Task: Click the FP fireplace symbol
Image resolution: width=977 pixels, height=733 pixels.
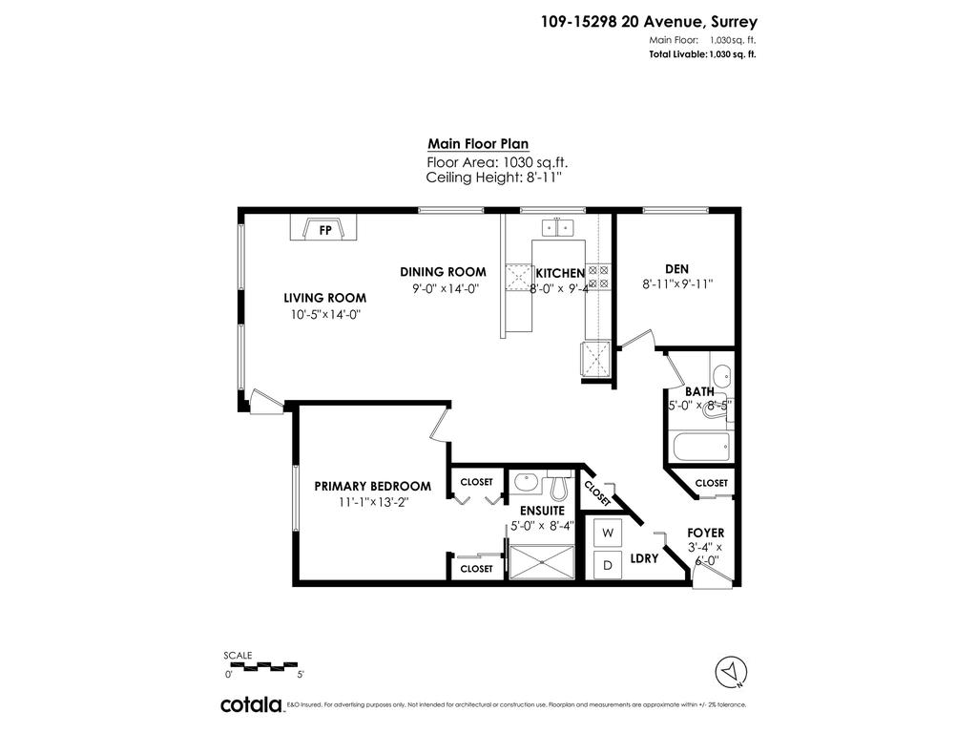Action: tap(324, 230)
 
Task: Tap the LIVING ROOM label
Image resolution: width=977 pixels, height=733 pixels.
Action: tap(324, 297)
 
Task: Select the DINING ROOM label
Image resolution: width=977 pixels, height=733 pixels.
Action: tap(443, 272)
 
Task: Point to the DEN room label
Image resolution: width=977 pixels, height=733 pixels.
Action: tap(676, 268)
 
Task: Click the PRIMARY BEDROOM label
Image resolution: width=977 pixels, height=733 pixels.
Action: tap(373, 486)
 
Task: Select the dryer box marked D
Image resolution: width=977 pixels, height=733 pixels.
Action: tap(607, 564)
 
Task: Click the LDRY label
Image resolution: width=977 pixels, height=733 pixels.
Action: tap(645, 559)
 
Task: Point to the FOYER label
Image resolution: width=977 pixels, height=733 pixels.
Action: tap(705, 533)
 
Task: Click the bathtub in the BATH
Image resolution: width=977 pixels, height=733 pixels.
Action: tap(699, 445)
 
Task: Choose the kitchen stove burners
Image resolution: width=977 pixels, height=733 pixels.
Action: tap(599, 276)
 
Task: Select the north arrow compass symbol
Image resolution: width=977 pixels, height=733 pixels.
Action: tap(731, 671)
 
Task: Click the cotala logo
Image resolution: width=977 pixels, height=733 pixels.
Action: tap(251, 704)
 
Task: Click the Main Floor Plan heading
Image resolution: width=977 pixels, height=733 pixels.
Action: tap(477, 144)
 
